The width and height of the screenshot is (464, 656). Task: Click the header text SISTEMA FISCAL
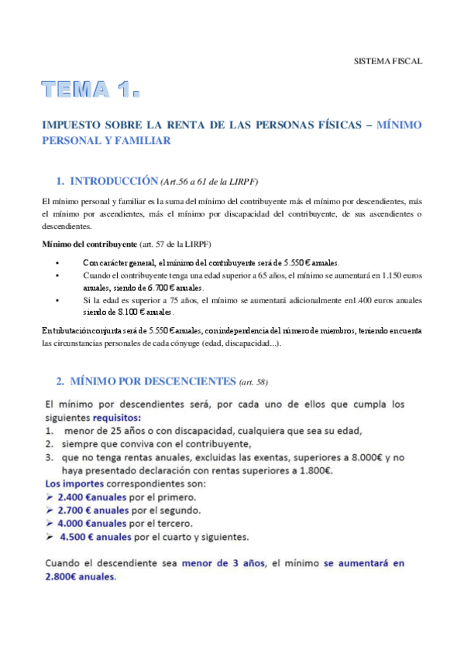tap(387, 60)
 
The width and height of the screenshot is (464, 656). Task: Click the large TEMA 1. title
tap(91, 91)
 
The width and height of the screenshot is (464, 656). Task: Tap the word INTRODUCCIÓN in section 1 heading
tap(113, 182)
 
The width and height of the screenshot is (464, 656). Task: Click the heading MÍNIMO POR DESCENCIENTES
tap(152, 381)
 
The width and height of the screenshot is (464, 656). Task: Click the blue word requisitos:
tap(119, 418)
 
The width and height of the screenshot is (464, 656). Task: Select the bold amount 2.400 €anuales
tap(98, 497)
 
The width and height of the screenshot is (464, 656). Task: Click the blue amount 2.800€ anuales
tap(81, 577)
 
